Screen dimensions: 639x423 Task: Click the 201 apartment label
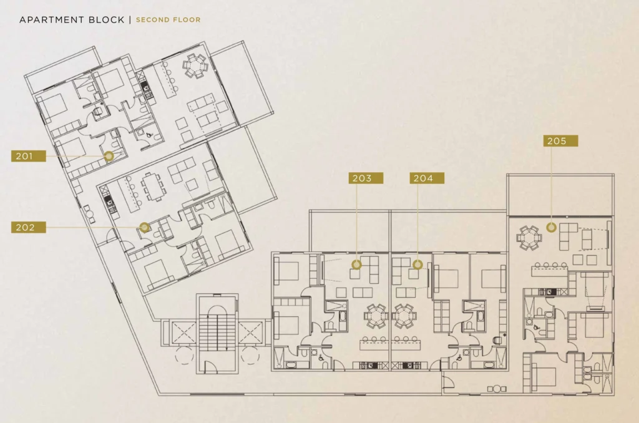click(29, 156)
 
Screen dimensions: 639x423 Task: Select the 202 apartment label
click(29, 227)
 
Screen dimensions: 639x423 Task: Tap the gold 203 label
click(366, 178)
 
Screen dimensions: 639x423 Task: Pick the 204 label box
click(427, 178)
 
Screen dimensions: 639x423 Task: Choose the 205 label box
click(560, 141)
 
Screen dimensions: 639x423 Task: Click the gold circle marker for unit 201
click(109, 156)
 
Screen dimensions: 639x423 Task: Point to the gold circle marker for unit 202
click(144, 227)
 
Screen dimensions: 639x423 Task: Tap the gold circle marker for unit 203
click(356, 265)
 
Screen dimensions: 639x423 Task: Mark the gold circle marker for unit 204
click(417, 265)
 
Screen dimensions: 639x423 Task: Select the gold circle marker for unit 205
click(551, 227)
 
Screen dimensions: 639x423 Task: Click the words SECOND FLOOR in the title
click(168, 19)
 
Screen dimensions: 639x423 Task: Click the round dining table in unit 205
click(529, 237)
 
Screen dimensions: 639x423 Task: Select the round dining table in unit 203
click(376, 316)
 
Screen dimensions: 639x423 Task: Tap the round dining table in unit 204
click(405, 316)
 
